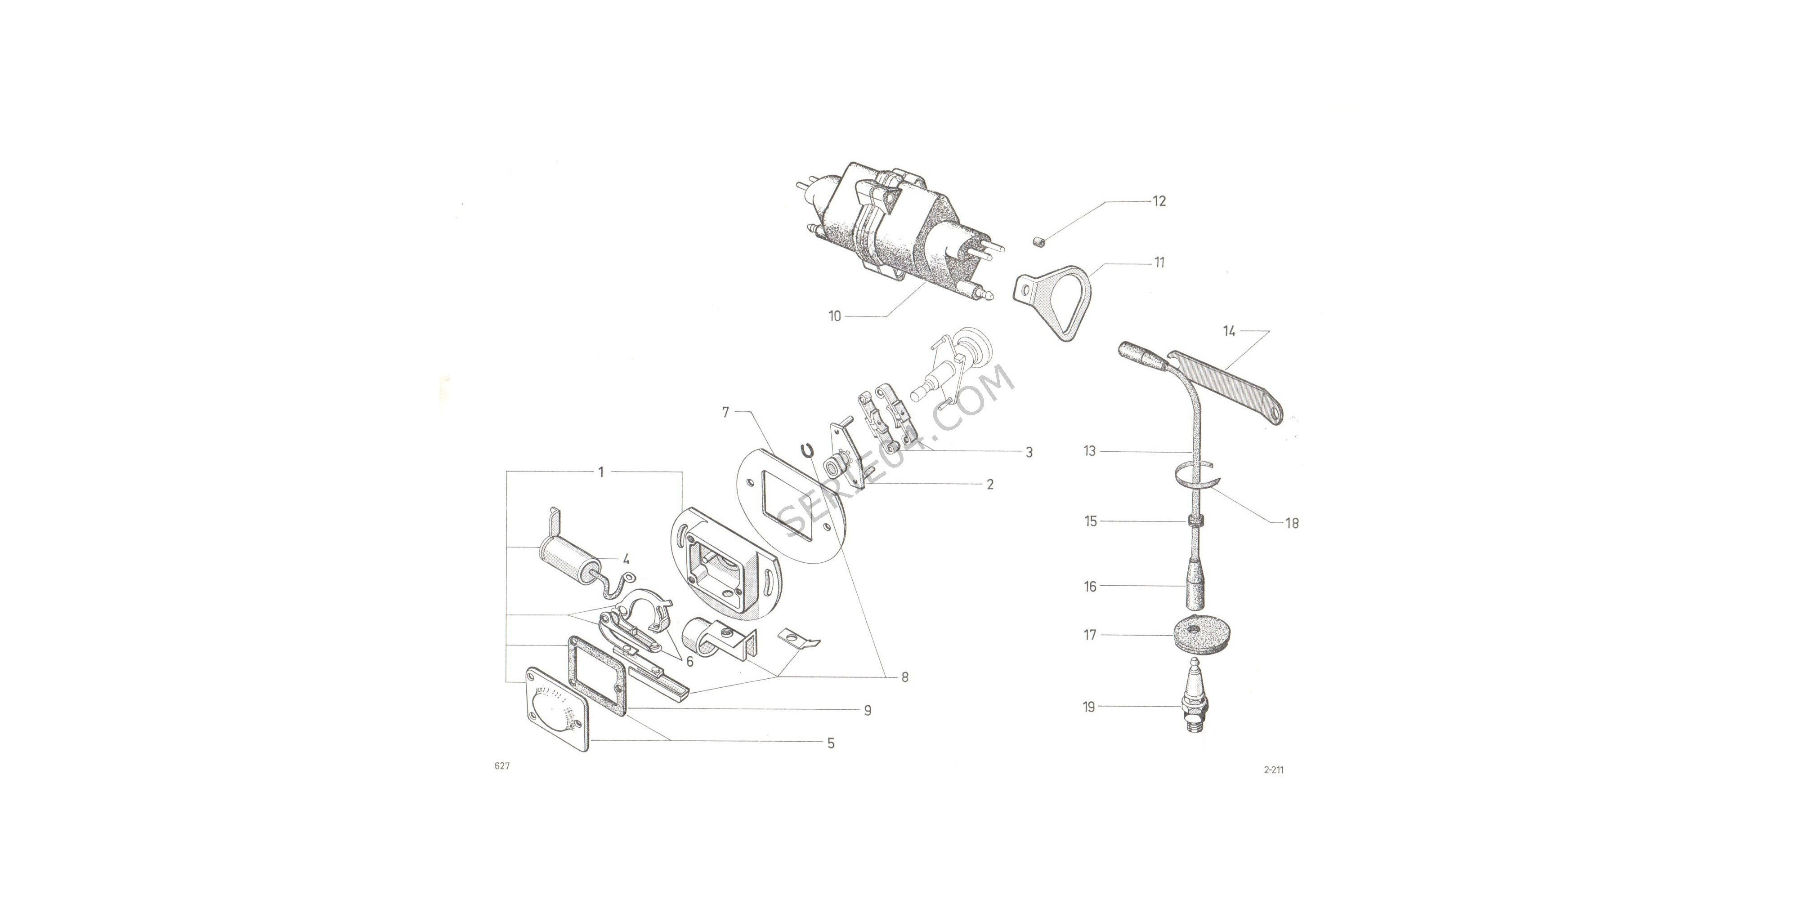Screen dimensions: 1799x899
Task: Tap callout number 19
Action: [x=1089, y=707]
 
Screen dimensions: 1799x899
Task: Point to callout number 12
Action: [x=1159, y=201]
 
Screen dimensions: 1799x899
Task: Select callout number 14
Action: [x=1229, y=331]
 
